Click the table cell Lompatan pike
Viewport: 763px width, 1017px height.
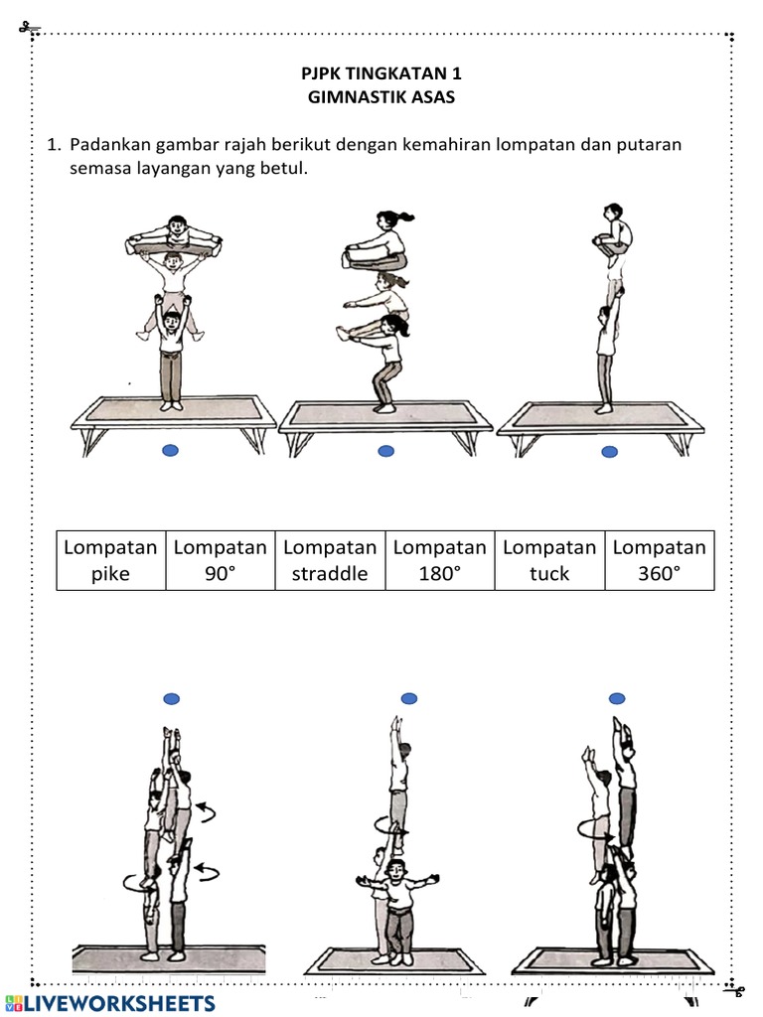110,561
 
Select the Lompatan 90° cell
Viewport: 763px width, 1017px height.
220,561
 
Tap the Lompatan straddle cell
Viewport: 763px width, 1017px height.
330,561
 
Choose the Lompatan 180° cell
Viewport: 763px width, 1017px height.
439,561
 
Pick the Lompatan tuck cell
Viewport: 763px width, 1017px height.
549,561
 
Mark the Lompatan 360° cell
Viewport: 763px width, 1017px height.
659,561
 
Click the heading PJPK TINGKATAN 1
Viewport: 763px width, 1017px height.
381,74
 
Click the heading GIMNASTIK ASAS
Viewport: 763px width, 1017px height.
381,97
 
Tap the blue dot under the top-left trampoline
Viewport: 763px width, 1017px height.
170,451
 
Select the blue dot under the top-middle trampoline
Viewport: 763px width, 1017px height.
386,451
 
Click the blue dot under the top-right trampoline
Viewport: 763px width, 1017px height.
610,452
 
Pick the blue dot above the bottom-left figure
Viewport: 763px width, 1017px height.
172,699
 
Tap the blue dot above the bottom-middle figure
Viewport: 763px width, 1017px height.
408,699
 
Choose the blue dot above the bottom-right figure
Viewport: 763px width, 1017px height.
617,699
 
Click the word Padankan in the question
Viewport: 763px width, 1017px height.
109,145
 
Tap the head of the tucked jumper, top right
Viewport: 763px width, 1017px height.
613,212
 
